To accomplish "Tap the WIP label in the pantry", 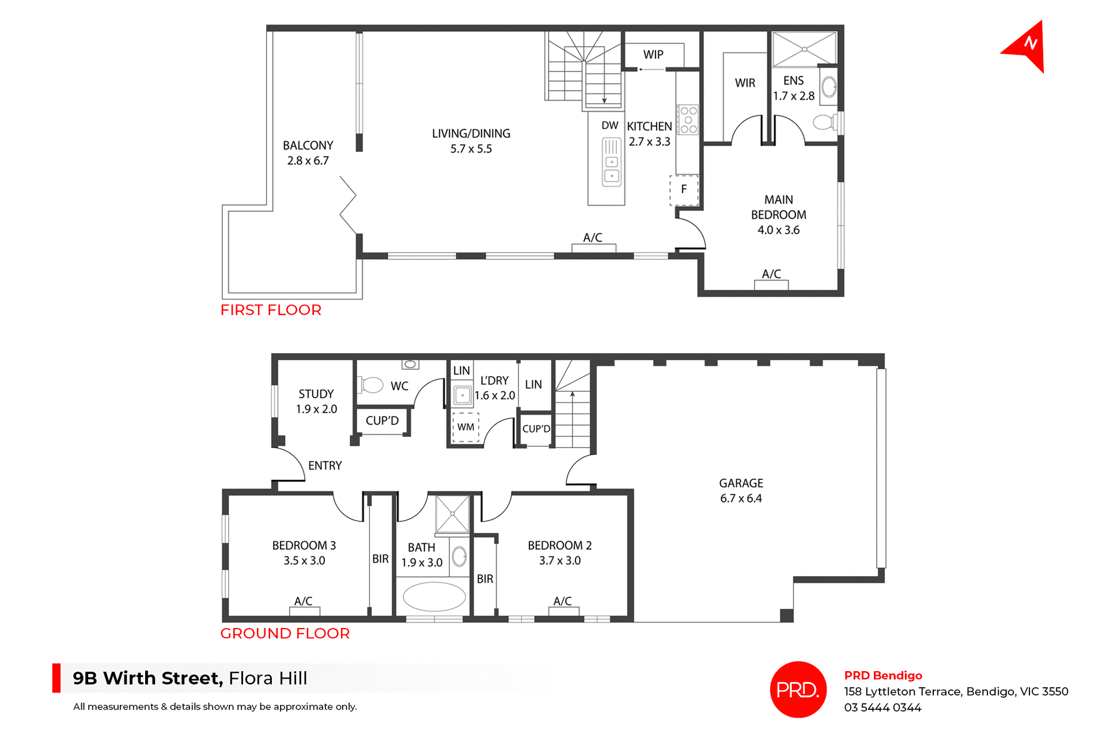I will (x=653, y=55).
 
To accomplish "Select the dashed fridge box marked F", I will (x=684, y=190).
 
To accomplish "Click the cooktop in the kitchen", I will (x=688, y=120).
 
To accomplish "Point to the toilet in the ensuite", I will (x=825, y=122).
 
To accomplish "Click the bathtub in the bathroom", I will (x=434, y=596).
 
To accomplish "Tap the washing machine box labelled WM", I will (x=465, y=427).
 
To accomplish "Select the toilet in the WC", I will (x=372, y=384).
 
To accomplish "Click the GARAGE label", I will (x=741, y=483).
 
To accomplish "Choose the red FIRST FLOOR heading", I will (x=271, y=310).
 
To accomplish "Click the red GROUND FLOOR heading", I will (x=285, y=633).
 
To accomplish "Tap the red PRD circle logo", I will (x=798, y=690).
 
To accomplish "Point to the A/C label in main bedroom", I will (x=771, y=274).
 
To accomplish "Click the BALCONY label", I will (x=308, y=146).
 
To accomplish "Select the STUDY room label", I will (x=316, y=394).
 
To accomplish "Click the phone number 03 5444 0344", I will (x=882, y=707).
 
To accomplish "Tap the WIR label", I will (x=745, y=83).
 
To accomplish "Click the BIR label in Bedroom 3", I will (x=380, y=559).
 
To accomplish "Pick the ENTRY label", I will (x=325, y=465).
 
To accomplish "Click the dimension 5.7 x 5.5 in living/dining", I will (x=471, y=149).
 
